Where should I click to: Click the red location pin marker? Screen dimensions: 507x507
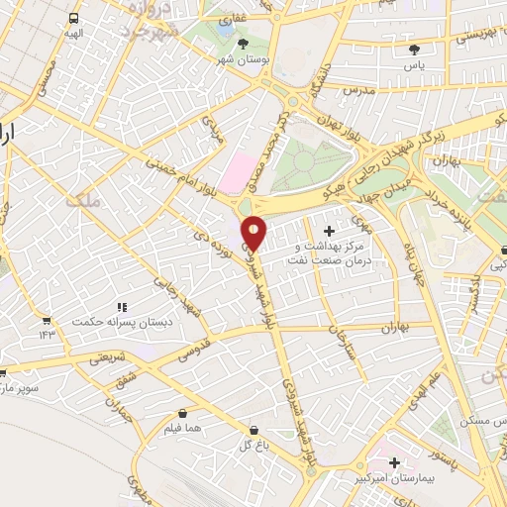click(x=254, y=232)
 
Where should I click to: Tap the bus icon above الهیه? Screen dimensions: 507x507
click(x=75, y=19)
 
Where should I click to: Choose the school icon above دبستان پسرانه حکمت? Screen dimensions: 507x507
click(x=123, y=308)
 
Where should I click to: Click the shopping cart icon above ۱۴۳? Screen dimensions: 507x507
click(x=47, y=320)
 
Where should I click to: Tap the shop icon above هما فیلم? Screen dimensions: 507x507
click(x=183, y=413)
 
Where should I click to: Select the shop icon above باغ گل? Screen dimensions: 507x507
click(x=255, y=431)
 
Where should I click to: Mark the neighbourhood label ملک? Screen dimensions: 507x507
click(x=82, y=200)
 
